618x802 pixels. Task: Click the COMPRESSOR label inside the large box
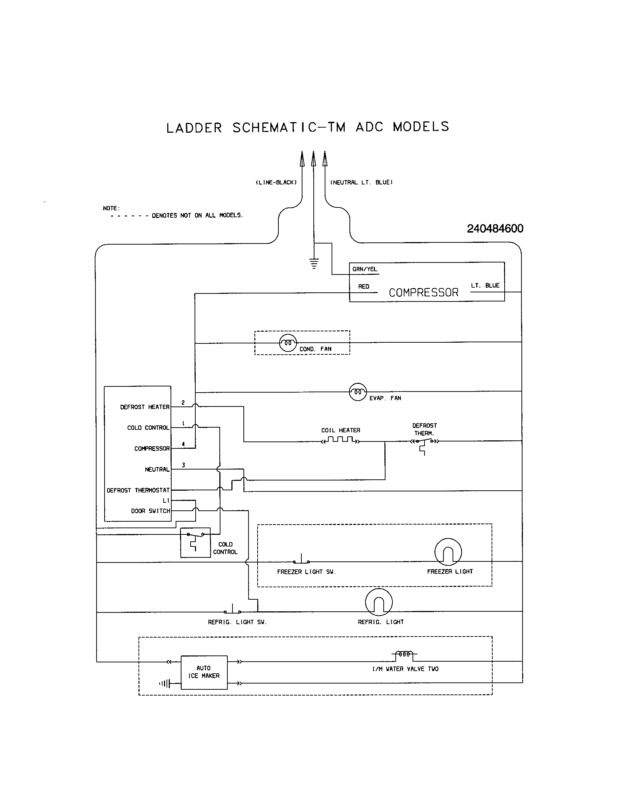coord(423,293)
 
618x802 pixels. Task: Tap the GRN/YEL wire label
coord(364,269)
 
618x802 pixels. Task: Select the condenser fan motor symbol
coord(288,343)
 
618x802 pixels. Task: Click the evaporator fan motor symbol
coord(357,392)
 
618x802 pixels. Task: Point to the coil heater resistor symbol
coord(341,440)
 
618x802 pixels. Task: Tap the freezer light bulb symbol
coord(448,552)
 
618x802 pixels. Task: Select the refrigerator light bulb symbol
coord(379,602)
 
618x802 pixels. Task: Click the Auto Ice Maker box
coord(204,672)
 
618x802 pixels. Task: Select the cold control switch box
coord(195,542)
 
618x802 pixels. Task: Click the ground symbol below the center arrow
coord(314,264)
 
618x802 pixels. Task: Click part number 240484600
coord(495,229)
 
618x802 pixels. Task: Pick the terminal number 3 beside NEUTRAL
coord(183,465)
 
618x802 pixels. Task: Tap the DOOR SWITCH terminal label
coord(150,511)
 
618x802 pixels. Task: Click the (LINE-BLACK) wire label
coord(276,183)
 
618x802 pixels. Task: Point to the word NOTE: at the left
coord(111,208)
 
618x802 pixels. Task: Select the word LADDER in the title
coord(194,128)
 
